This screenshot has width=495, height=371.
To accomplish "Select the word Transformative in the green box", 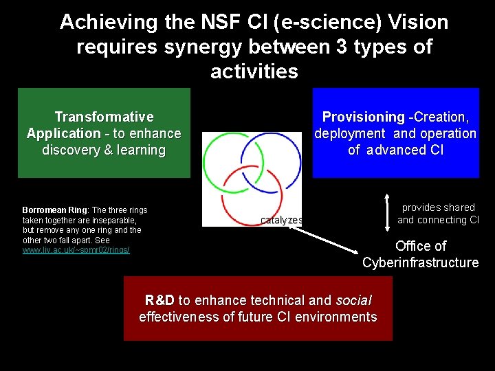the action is point(104,117).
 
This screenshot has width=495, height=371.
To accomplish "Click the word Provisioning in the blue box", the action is point(363,117).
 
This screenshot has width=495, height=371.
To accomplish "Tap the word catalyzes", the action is point(281,220).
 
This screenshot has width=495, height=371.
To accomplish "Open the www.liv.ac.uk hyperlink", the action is point(76,250).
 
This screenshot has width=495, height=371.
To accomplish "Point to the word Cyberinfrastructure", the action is point(420,262).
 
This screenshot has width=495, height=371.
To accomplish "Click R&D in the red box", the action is point(159,300).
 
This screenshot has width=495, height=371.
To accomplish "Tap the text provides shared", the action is point(438,207).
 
